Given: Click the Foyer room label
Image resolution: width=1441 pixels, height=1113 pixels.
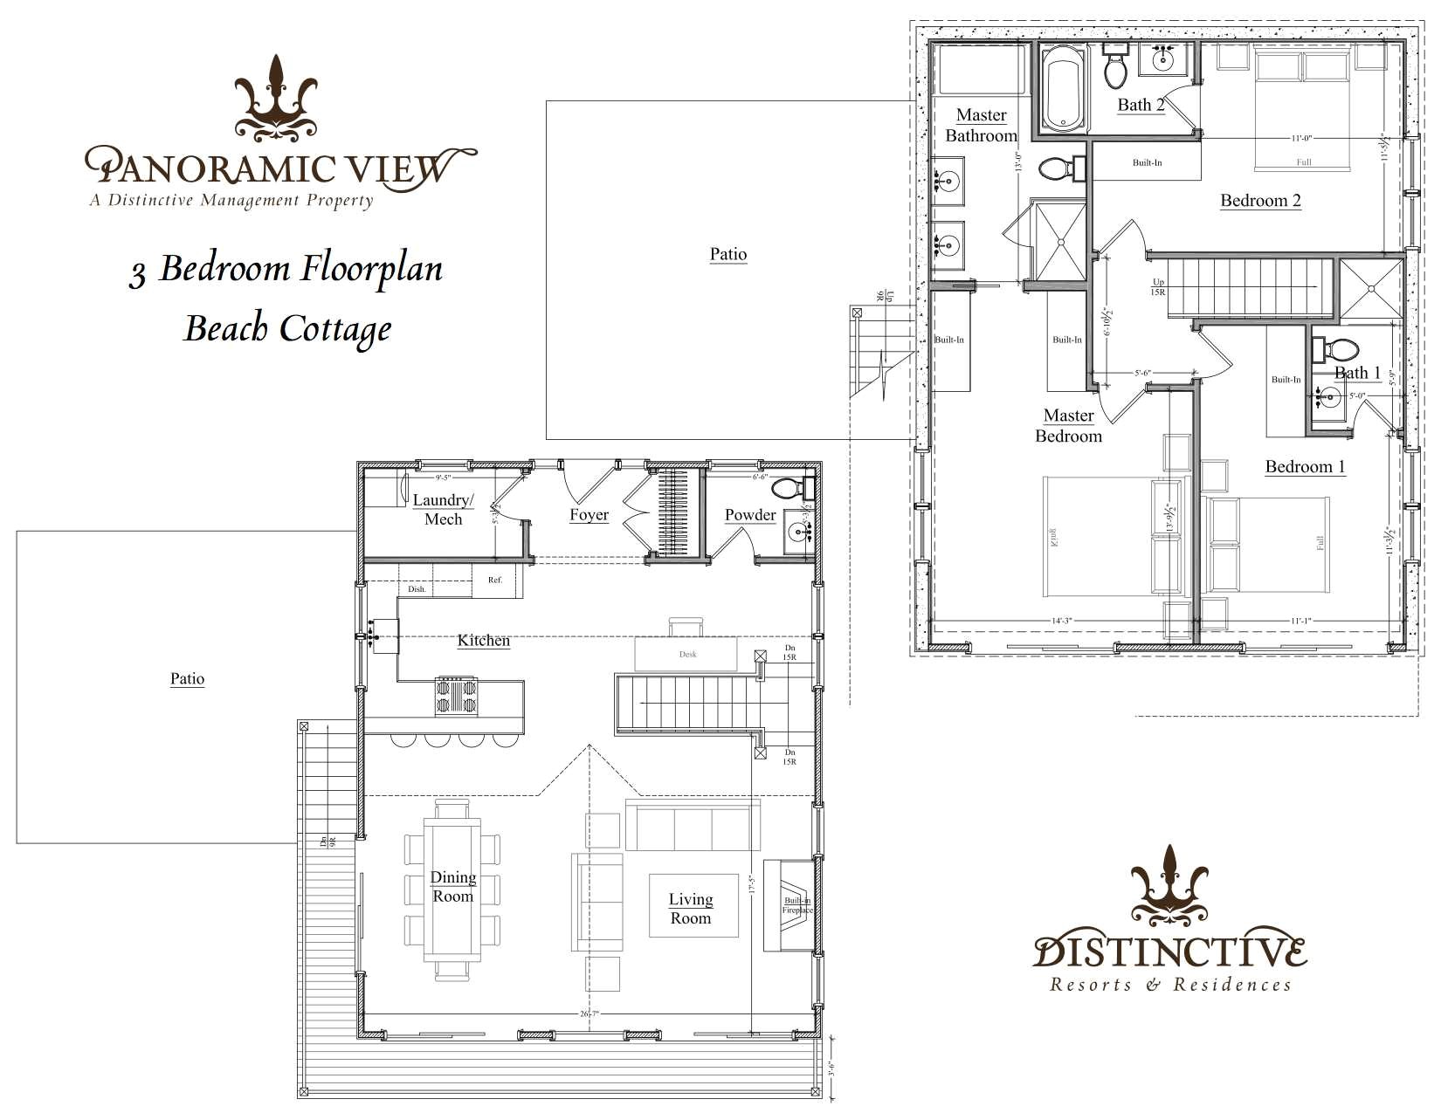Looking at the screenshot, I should [x=589, y=514].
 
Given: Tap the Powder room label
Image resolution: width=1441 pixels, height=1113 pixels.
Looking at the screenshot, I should [x=750, y=514].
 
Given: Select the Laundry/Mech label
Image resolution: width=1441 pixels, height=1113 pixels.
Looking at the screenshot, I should [x=443, y=509].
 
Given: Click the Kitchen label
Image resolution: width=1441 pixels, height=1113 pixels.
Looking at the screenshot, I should [x=483, y=640].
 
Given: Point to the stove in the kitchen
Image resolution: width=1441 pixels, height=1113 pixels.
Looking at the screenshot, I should [x=457, y=696].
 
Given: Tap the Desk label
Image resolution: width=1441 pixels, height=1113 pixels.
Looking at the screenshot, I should [x=687, y=654].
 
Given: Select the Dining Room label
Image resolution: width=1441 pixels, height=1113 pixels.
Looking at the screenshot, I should [x=452, y=886].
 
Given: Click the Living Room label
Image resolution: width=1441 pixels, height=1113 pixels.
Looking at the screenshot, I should [x=690, y=908].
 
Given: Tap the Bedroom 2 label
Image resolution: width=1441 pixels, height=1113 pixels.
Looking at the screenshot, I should [x=1260, y=200].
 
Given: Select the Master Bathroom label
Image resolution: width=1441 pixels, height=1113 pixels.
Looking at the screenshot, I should [x=981, y=125].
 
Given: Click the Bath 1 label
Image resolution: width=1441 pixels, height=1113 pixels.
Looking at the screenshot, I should [x=1357, y=373].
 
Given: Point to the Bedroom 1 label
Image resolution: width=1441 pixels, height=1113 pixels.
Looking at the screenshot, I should [x=1305, y=466].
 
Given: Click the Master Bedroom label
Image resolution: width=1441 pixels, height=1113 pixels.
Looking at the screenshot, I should [x=1068, y=425].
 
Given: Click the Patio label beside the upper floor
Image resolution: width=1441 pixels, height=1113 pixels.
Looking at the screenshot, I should [x=727, y=254].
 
